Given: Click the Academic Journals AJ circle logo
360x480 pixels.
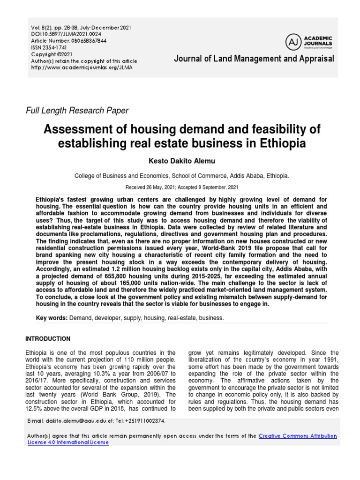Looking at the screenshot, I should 294,42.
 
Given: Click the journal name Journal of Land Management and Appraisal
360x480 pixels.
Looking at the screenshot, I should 254,59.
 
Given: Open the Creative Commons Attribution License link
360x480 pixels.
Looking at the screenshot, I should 298,436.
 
